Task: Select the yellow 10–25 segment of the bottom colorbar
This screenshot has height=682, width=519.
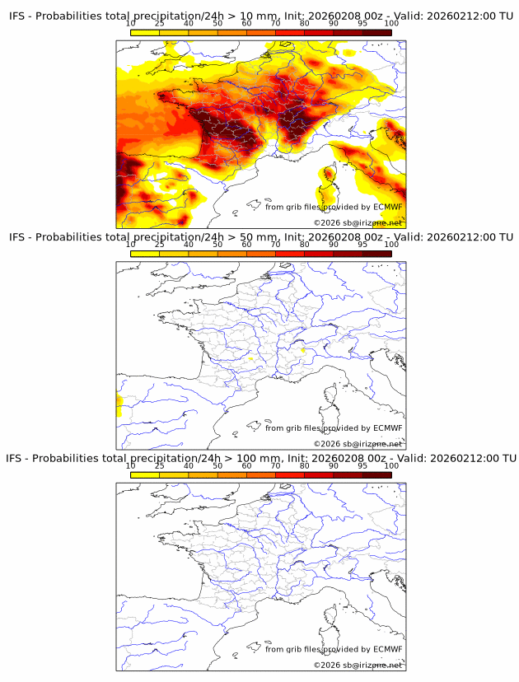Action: pos(145,474)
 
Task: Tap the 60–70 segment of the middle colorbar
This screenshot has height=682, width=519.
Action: pos(260,254)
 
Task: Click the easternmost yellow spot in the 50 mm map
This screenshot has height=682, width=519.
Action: pos(303,351)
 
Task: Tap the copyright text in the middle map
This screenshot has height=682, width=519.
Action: pos(358,444)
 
